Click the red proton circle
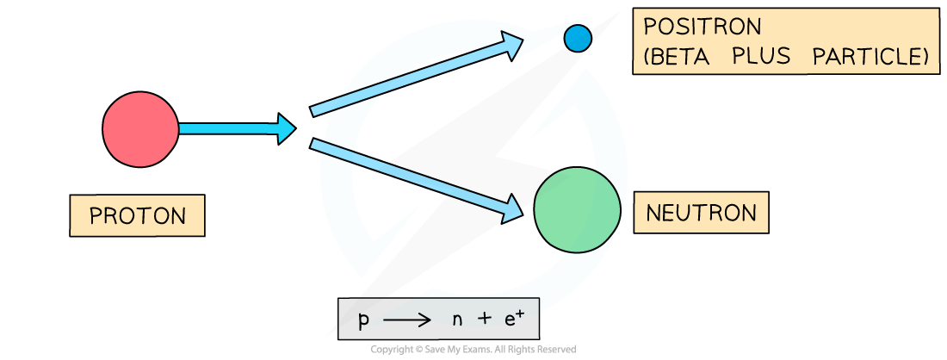(x=140, y=129)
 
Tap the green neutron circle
(x=578, y=210)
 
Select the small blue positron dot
(x=577, y=38)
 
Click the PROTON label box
(x=137, y=215)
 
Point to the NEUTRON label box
(x=701, y=212)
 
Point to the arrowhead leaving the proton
(x=286, y=129)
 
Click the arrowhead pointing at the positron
(x=512, y=44)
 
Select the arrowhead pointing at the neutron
(x=512, y=208)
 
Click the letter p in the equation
(x=364, y=321)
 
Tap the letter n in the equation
(x=456, y=321)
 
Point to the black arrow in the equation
(x=407, y=321)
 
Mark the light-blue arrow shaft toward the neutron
(x=405, y=175)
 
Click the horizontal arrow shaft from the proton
(x=228, y=129)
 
